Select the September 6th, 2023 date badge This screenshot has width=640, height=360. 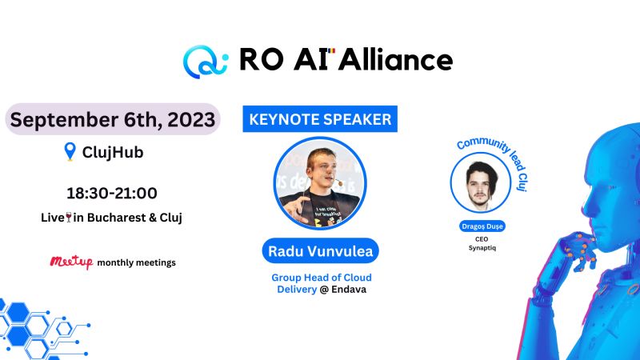pyautogui.click(x=112, y=119)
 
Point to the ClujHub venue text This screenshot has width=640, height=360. pyautogui.click(x=113, y=152)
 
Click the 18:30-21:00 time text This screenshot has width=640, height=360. pyautogui.click(x=111, y=193)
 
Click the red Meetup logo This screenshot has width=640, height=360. pyautogui.click(x=71, y=262)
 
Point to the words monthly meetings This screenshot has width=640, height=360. pyautogui.click(x=136, y=262)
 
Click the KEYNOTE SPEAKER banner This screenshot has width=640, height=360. pyautogui.click(x=320, y=120)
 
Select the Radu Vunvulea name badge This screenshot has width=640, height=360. pyautogui.click(x=320, y=251)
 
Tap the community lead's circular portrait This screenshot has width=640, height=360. pyautogui.click(x=481, y=182)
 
